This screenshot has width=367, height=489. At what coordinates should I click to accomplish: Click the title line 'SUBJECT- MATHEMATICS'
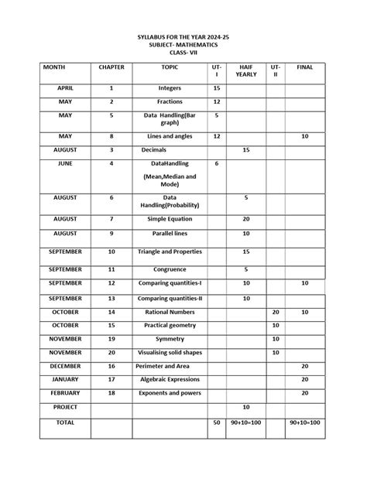tap(183, 46)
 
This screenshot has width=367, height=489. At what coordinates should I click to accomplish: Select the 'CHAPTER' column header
tap(111, 67)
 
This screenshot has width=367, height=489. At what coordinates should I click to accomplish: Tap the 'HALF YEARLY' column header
tap(245, 71)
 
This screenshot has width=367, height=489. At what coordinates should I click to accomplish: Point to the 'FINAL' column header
tap(304, 67)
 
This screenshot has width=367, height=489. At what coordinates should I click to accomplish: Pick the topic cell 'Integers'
tap(170, 89)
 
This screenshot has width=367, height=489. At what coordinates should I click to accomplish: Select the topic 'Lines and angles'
tap(170, 136)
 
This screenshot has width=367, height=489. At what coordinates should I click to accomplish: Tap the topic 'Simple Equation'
tap(170, 219)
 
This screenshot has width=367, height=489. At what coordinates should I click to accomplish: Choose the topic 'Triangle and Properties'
tap(170, 251)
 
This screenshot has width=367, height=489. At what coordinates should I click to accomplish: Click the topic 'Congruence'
tap(170, 269)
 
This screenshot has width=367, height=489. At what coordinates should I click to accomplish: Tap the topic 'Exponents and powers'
tap(170, 393)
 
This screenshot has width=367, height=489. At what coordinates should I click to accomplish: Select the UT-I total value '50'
tap(217, 423)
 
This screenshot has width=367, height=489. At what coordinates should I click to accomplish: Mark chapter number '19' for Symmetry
tap(111, 338)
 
